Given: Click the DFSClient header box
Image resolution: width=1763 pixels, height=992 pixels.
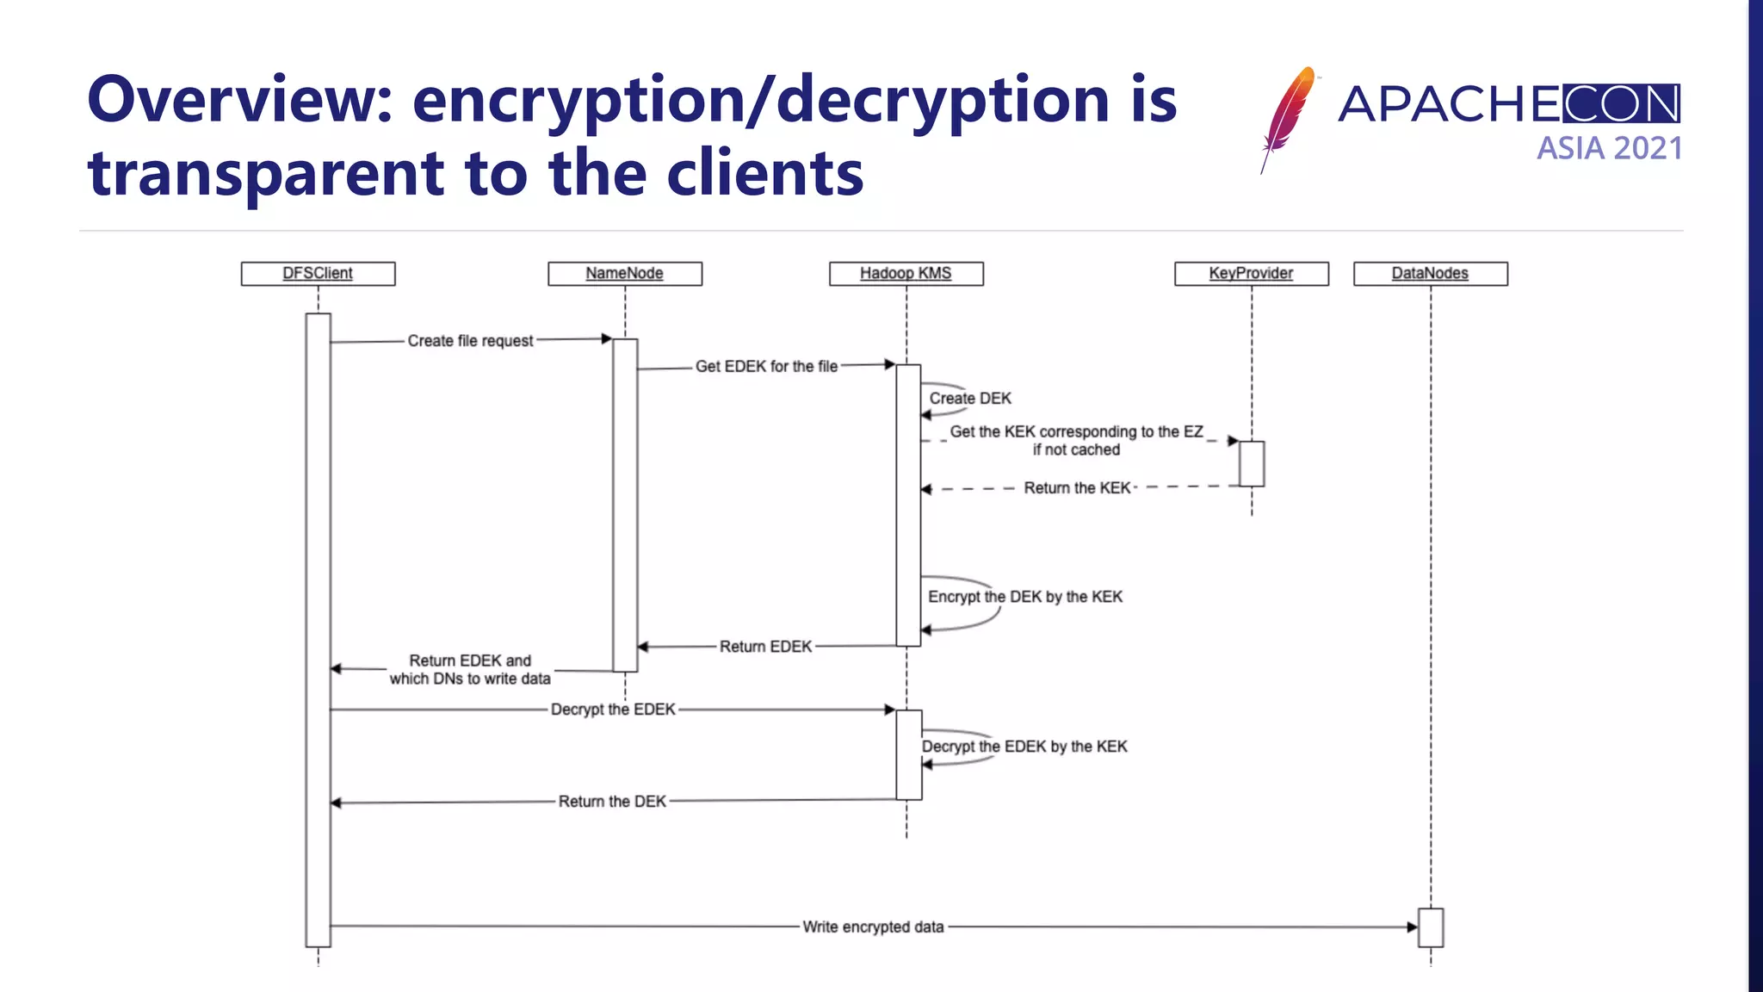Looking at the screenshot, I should coord(318,273).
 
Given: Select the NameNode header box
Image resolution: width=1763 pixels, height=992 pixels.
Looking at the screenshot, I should coord(625,273).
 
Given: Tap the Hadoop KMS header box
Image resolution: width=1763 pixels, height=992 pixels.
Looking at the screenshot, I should coord(906,273).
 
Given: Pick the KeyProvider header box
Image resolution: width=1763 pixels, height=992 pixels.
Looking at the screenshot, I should coord(1251,273).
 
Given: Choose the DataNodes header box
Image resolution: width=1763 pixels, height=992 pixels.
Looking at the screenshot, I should coord(1430,273).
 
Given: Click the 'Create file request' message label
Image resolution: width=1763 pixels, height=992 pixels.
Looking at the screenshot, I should coord(470,341).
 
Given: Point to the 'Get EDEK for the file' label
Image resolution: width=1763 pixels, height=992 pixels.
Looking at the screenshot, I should coord(766,367).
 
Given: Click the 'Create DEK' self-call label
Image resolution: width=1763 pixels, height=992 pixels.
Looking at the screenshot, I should coord(970,399).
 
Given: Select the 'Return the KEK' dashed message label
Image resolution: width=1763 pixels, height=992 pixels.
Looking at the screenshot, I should coord(1077,488).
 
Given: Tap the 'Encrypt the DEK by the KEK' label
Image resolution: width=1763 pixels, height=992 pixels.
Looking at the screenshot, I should coord(1025,597).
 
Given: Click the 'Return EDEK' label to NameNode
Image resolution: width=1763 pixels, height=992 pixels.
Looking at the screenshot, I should coord(765,647).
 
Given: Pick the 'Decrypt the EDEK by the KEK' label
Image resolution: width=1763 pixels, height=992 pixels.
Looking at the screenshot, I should coord(1024,747).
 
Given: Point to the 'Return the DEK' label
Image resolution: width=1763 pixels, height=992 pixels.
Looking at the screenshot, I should coord(612,802).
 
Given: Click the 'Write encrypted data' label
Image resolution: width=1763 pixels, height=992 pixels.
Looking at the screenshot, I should coord(873,927).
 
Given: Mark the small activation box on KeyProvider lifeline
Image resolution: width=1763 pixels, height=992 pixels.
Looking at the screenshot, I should coord(1252,463).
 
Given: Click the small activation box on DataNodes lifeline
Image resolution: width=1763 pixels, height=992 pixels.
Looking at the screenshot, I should coord(1430,927).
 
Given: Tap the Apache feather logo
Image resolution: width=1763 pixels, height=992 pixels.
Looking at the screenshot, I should coord(1288,116).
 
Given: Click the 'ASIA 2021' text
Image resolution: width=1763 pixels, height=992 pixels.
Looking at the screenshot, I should coord(1609,148).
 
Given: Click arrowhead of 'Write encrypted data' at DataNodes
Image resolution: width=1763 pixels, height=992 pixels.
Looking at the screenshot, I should coord(1412,927).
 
